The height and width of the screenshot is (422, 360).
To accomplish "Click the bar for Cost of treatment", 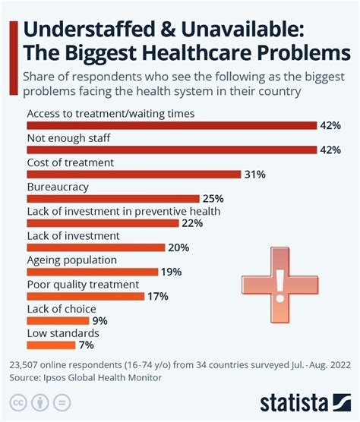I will [x=134, y=175].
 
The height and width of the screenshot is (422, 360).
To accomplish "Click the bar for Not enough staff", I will [x=172, y=150].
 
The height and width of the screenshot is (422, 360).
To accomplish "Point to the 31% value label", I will [x=254, y=175].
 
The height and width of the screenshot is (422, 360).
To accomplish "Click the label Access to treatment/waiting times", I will [x=111, y=114].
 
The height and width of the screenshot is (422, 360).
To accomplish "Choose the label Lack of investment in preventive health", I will [x=123, y=211].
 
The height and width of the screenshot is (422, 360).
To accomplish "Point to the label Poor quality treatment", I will [x=83, y=285].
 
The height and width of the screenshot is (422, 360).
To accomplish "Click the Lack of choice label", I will [x=61, y=309].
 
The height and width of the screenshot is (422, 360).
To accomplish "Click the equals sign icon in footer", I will [x=63, y=402].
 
